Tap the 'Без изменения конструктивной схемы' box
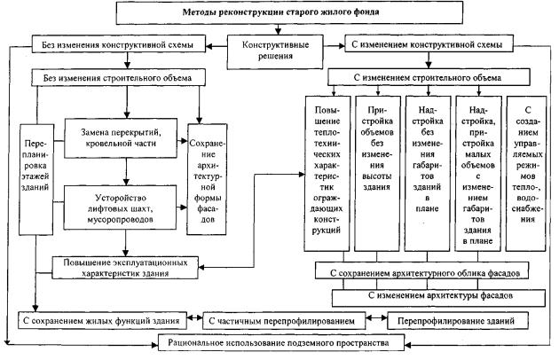[118, 43]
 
